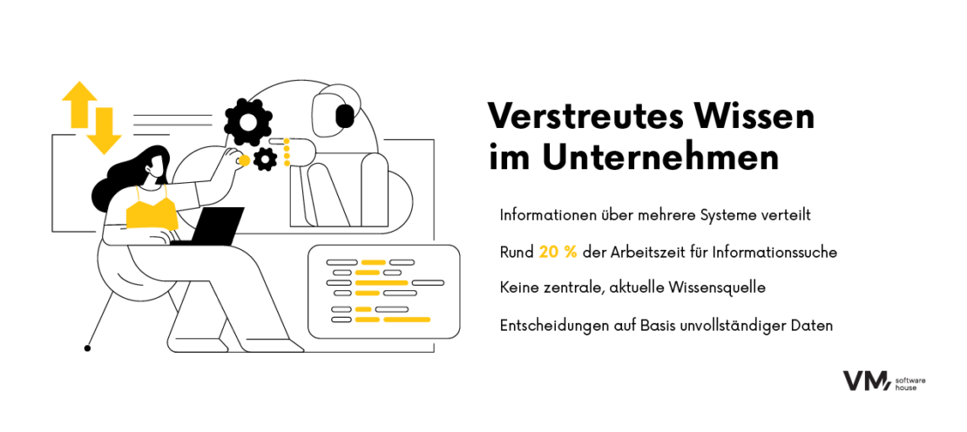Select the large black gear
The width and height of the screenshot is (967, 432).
[252, 123]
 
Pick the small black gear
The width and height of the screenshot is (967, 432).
[265, 159]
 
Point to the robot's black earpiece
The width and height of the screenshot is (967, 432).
[345, 114]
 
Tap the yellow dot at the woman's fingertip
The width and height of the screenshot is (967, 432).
[245, 160]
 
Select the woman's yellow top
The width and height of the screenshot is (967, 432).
[152, 212]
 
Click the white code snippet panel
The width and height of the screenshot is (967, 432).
[384, 292]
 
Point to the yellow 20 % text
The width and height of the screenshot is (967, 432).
[558, 252]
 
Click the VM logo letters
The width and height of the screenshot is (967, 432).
[865, 381]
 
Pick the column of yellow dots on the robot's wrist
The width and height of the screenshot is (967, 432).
[287, 151]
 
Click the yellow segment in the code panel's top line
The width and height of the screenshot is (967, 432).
[374, 262]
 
